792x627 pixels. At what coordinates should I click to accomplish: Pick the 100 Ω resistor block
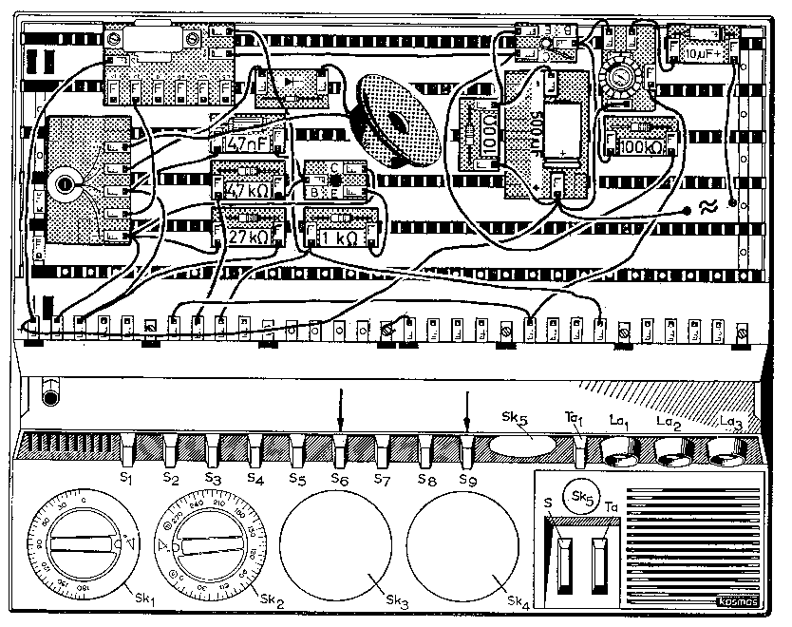477,132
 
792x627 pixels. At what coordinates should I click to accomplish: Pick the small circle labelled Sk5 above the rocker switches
579,497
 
